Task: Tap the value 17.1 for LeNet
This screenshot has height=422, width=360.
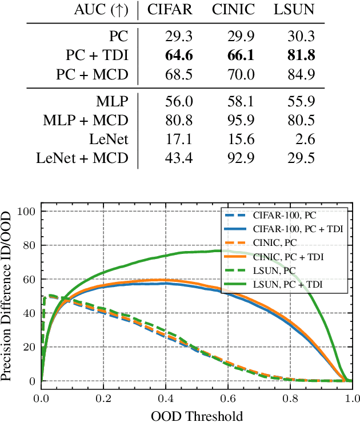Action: click(x=170, y=139)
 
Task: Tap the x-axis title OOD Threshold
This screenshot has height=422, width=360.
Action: click(x=197, y=414)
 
